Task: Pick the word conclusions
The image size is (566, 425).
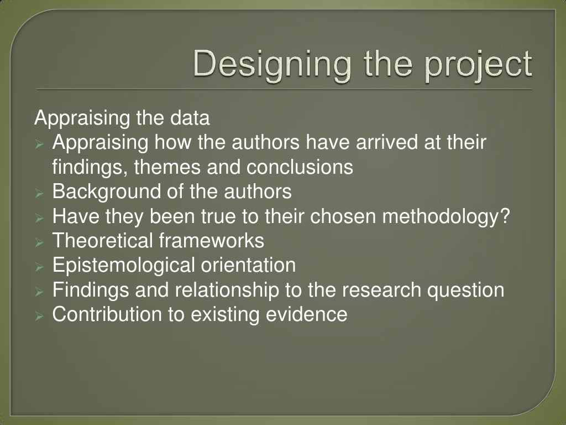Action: [300, 167]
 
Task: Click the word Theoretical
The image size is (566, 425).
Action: [102, 241]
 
